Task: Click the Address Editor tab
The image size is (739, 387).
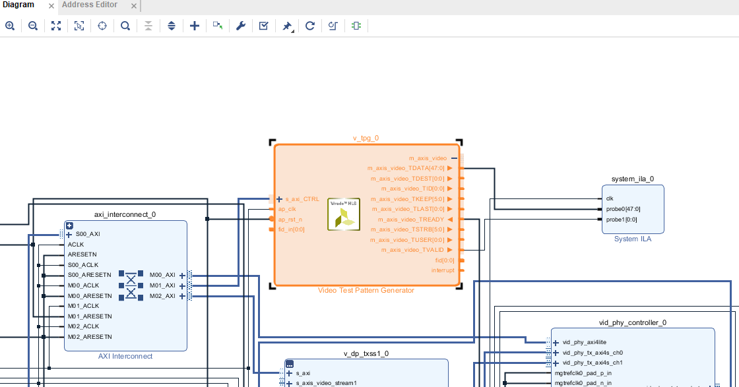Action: point(89,5)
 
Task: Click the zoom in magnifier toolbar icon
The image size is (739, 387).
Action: point(10,26)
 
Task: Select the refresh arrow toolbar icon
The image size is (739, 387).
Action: point(309,26)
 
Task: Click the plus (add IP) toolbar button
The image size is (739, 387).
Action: point(194,26)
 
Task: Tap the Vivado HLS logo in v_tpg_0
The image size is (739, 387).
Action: point(343,214)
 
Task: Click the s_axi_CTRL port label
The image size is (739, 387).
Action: point(302,198)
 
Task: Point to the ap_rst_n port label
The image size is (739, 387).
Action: point(290,219)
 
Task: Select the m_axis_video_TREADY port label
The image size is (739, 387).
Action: point(410,219)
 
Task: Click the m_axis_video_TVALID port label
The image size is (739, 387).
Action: point(412,250)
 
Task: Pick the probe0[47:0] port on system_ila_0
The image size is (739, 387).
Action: point(623,209)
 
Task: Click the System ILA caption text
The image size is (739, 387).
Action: point(632,239)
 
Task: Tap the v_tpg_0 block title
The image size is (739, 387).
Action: point(366,138)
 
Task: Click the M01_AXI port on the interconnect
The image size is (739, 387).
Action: point(162,285)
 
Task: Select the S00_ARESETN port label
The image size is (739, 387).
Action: point(90,275)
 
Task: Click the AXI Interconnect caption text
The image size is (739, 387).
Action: point(125,356)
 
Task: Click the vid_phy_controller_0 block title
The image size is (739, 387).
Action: point(632,322)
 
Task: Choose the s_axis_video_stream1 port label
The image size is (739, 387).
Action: point(326,382)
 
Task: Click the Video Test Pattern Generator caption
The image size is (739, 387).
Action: point(366,290)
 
